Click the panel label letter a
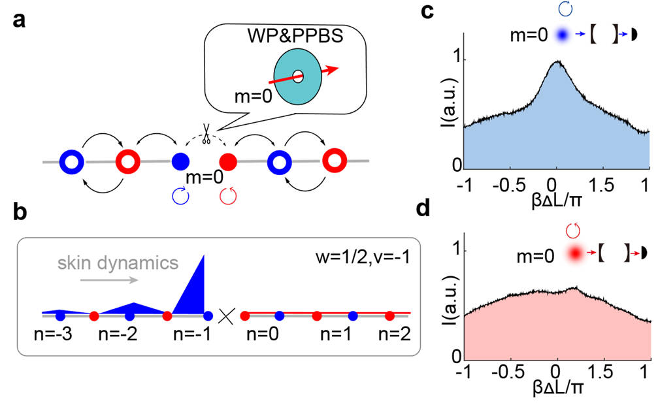[x=19, y=20]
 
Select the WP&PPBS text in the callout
[x=295, y=36]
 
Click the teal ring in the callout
[x=298, y=76]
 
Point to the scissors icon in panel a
[x=206, y=134]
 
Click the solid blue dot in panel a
[x=181, y=161]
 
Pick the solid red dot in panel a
[x=229, y=161]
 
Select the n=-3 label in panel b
[x=54, y=334]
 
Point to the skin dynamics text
[x=118, y=263]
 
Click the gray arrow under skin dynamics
[x=108, y=280]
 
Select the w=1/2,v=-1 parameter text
[x=363, y=257]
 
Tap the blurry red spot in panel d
[x=575, y=253]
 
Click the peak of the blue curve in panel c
[x=558, y=61]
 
